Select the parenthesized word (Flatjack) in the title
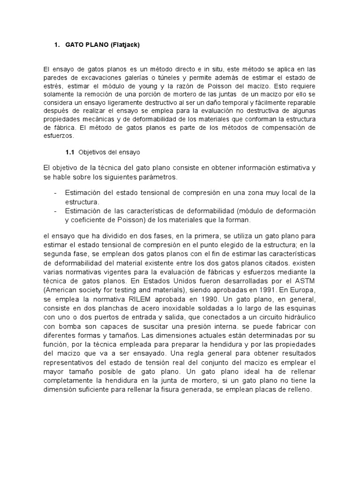click(x=124, y=45)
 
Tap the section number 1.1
click(x=70, y=152)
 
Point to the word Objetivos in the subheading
click(x=92, y=152)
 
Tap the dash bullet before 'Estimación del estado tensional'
click(x=56, y=193)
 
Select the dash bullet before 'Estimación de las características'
click(x=56, y=210)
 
